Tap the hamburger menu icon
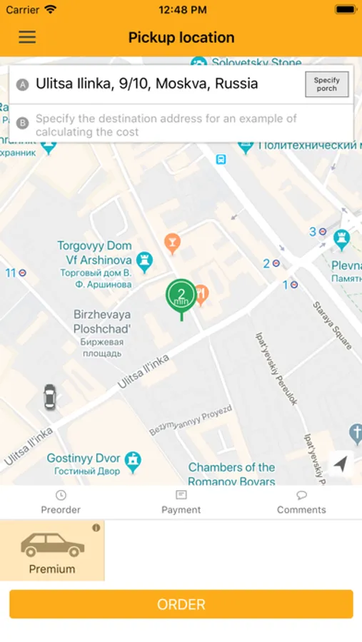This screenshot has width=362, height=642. pyautogui.click(x=27, y=37)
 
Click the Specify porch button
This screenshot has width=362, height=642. pyautogui.click(x=326, y=84)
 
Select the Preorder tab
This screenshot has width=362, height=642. pyautogui.click(x=61, y=502)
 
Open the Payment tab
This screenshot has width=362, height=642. pyautogui.click(x=181, y=502)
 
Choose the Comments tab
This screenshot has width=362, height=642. pyautogui.click(x=301, y=502)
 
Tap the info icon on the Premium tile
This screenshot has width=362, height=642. pyautogui.click(x=96, y=528)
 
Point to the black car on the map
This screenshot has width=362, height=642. pyautogui.click(x=49, y=397)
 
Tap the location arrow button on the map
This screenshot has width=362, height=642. pyautogui.click(x=341, y=464)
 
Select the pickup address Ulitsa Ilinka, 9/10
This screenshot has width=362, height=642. pyautogui.click(x=146, y=84)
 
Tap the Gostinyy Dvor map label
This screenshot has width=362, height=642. pyautogui.click(x=84, y=463)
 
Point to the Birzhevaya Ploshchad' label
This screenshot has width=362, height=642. pyautogui.click(x=102, y=328)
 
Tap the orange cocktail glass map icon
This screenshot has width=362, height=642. pyautogui.click(x=172, y=243)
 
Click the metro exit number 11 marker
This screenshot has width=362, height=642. pyautogui.click(x=16, y=273)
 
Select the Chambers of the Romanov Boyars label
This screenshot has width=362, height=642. pyautogui.click(x=231, y=474)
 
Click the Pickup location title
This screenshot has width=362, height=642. pyautogui.click(x=181, y=38)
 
